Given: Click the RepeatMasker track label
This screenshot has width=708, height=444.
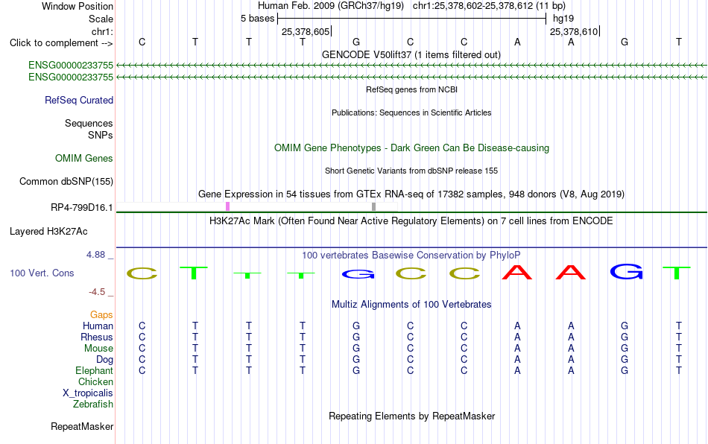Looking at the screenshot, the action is click(82, 426).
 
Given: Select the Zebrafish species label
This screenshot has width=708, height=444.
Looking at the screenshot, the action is click(93, 404).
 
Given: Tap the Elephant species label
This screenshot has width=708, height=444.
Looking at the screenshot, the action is click(94, 370).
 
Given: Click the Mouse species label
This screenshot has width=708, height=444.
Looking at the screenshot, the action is click(98, 349).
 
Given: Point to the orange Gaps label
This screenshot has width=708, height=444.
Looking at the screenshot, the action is click(101, 314).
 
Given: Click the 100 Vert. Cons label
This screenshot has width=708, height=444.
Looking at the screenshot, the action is click(42, 273).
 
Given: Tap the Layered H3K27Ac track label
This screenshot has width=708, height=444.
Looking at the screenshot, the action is click(48, 232).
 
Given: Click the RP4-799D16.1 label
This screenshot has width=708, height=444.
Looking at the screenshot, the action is click(82, 208).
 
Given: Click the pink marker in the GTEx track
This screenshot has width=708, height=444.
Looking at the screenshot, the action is click(227, 206).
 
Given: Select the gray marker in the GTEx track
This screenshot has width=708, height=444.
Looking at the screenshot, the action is click(374, 206).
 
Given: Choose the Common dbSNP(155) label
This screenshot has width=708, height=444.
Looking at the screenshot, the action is click(66, 181).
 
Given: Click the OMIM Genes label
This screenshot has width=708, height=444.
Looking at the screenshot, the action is click(84, 159).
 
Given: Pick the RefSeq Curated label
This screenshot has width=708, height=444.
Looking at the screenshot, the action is click(79, 100).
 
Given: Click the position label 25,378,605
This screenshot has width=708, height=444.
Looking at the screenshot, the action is click(306, 31).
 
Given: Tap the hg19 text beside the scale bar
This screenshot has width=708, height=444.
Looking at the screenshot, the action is click(563, 19).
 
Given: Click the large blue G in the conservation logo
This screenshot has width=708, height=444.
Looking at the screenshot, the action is click(626, 272).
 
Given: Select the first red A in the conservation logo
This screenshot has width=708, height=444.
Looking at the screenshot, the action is click(517, 272).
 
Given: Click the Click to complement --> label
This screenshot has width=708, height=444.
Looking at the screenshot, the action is click(61, 43).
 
